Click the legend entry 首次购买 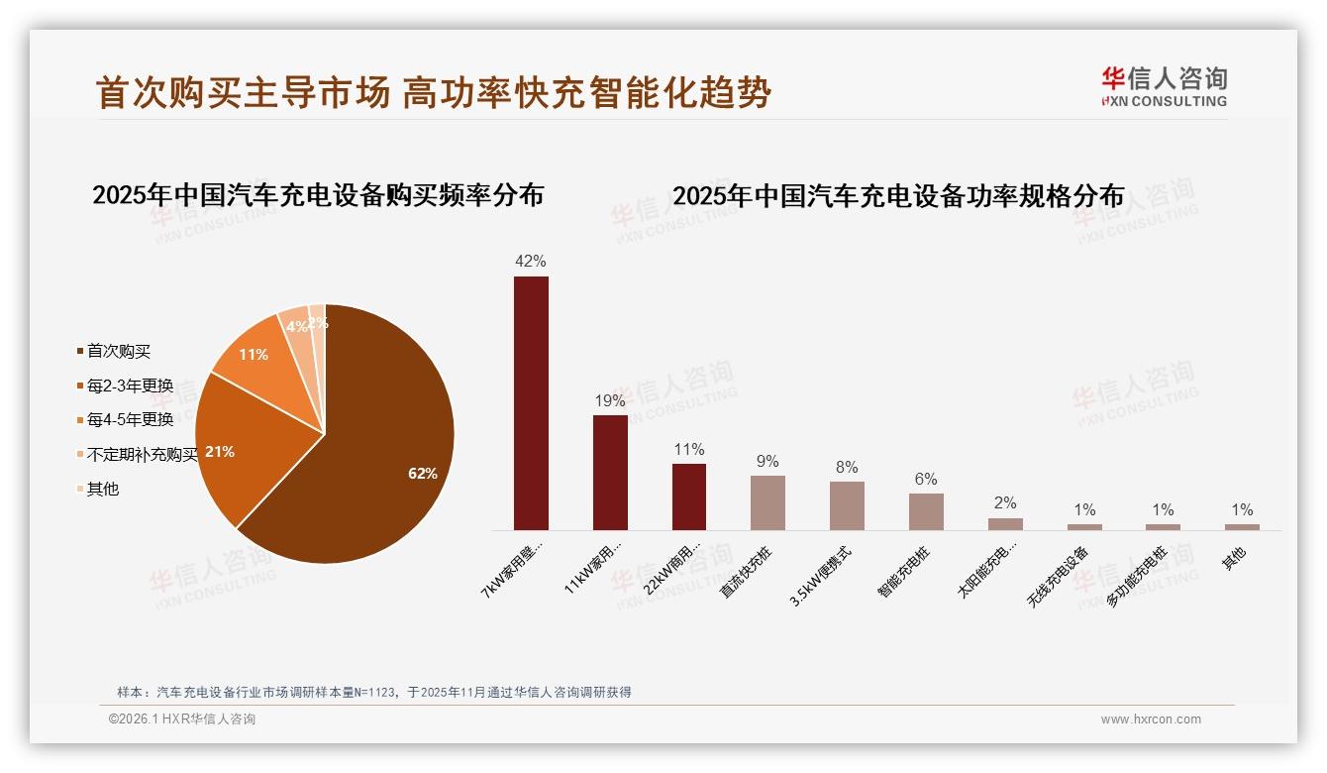pyautogui.click(x=118, y=351)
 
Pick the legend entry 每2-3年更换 pyautogui.click(x=129, y=386)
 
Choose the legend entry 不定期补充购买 pyautogui.click(x=142, y=454)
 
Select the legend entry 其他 pyautogui.click(x=102, y=489)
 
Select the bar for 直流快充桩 pyautogui.click(x=767, y=502)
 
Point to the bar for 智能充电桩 pyautogui.click(x=926, y=511)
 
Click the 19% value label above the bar pyautogui.click(x=610, y=400)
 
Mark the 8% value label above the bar pyautogui.click(x=847, y=467)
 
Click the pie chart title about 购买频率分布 pyautogui.click(x=318, y=195)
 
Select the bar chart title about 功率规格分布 pyautogui.click(x=898, y=196)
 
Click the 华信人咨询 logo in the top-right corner pyautogui.click(x=1164, y=86)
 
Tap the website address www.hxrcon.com pyautogui.click(x=1151, y=719)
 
